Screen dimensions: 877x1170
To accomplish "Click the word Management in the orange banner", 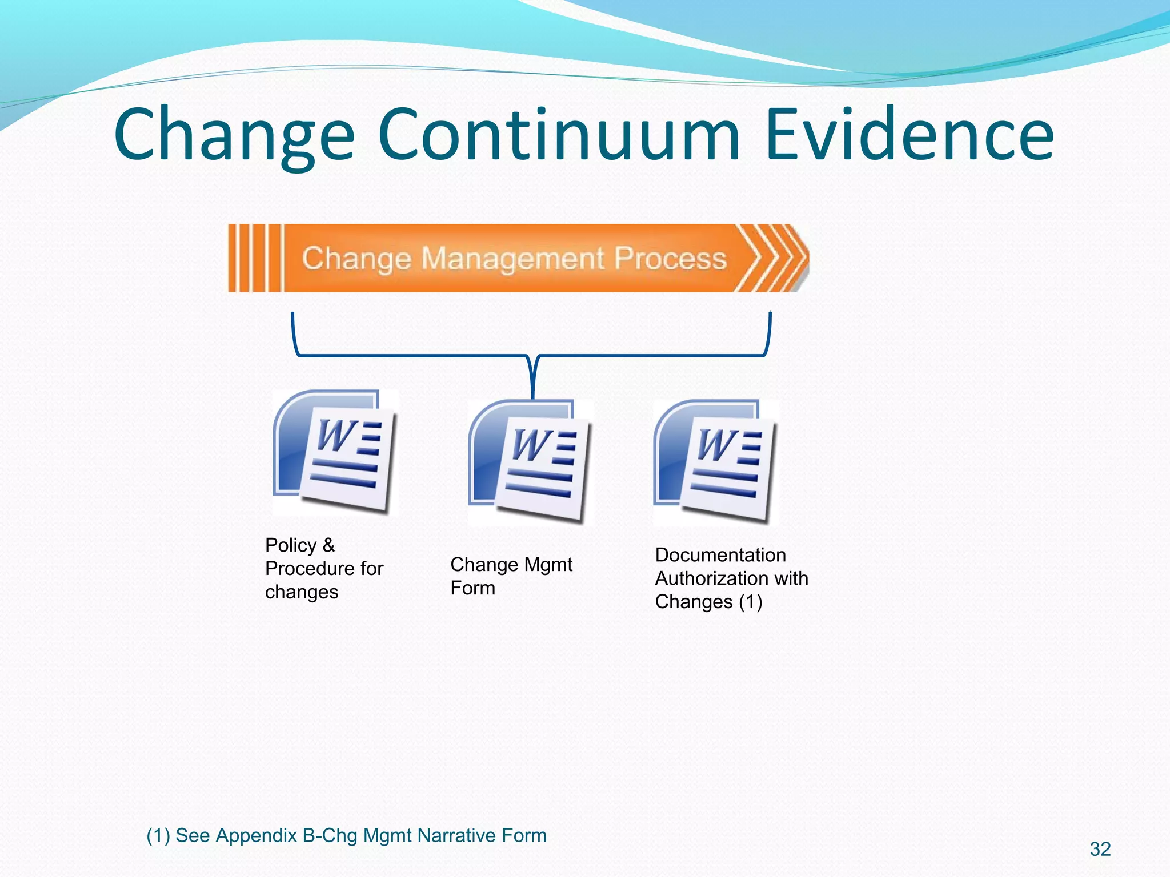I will point(512,259).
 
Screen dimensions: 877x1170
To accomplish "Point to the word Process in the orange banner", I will point(670,259).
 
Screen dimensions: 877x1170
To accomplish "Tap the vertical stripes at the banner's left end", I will point(255,258).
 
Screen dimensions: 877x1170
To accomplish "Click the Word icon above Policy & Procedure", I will point(335,452).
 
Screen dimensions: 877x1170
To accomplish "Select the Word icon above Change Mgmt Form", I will point(530,462).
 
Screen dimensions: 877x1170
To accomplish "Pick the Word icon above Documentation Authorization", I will point(715,462).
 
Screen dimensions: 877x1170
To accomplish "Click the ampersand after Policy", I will point(328,545).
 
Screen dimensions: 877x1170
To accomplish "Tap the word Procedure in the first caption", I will point(309,569).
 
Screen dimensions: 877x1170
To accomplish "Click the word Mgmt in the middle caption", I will point(548,565).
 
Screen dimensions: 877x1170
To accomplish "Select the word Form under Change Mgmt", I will point(472,588).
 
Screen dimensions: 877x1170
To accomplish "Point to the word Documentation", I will point(720,555).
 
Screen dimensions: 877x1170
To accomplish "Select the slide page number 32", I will point(1100,849).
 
